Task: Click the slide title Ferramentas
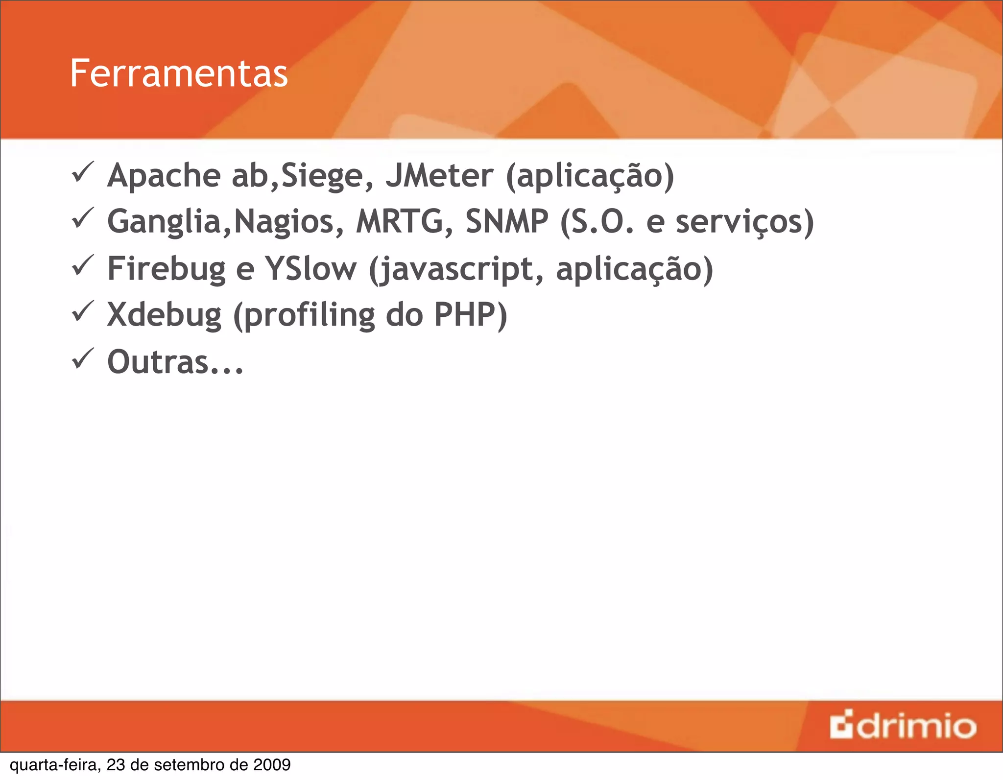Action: click(x=179, y=73)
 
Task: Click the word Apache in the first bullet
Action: click(x=164, y=175)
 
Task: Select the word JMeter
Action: click(x=439, y=175)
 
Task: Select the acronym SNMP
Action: click(x=506, y=221)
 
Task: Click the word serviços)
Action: click(x=744, y=222)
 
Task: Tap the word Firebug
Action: click(x=166, y=269)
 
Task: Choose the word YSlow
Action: click(x=310, y=268)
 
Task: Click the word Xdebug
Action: click(x=164, y=315)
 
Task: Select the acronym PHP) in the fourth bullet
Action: click(x=471, y=314)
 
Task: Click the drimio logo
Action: click(x=903, y=726)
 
